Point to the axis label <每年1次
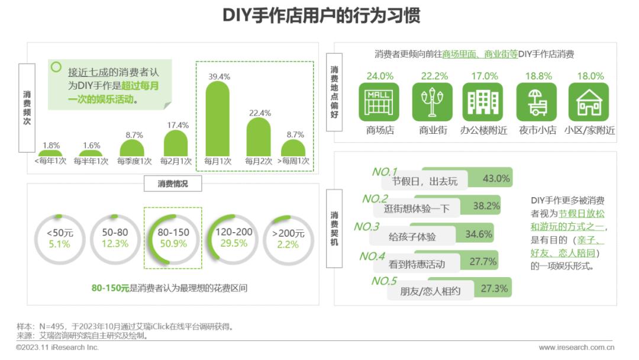point(50,161)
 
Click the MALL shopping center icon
point(379,102)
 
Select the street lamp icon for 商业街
point(432,102)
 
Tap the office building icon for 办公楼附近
point(483,102)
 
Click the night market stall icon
point(536,102)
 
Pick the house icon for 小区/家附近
point(589,102)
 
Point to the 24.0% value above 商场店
point(379,76)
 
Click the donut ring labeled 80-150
point(172,238)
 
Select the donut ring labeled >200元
point(288,238)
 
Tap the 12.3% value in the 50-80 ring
point(115,244)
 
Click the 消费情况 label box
point(172,184)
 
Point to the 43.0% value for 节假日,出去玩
point(496,178)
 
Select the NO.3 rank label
point(366,227)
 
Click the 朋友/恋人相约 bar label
point(430,291)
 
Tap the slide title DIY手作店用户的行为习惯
point(321,16)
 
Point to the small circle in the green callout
point(56,67)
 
